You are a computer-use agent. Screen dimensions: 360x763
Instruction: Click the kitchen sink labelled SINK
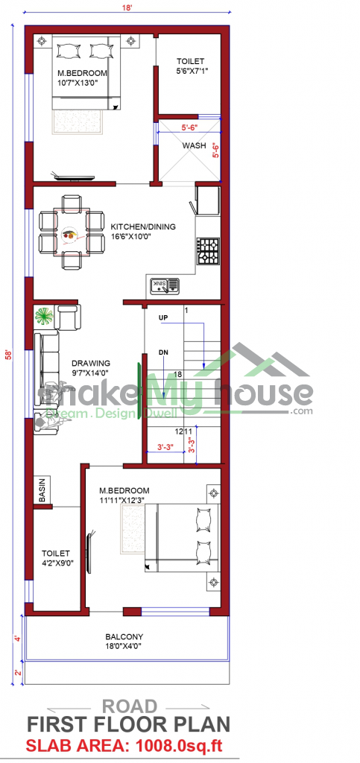click(x=165, y=286)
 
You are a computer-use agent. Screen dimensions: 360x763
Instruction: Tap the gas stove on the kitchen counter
click(x=208, y=251)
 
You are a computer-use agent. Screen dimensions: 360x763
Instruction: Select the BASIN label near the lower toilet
click(x=42, y=490)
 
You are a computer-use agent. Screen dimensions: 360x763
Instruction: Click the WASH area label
click(x=194, y=145)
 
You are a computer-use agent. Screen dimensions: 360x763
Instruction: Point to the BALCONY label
click(x=124, y=636)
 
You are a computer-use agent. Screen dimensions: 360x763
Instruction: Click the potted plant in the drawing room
click(x=44, y=317)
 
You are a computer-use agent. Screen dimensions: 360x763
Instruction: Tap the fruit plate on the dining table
click(x=70, y=234)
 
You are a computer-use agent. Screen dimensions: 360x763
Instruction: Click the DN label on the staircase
click(x=164, y=352)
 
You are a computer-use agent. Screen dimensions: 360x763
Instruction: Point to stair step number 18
click(x=177, y=374)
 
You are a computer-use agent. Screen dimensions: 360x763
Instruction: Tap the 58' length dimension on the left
click(x=8, y=355)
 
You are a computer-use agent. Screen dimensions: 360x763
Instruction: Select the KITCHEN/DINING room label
click(x=143, y=227)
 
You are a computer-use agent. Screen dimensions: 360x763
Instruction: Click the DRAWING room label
click(x=91, y=363)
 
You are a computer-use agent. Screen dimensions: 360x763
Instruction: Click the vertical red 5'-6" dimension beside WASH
click(x=215, y=151)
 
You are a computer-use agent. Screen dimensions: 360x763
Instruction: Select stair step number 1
click(x=186, y=310)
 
